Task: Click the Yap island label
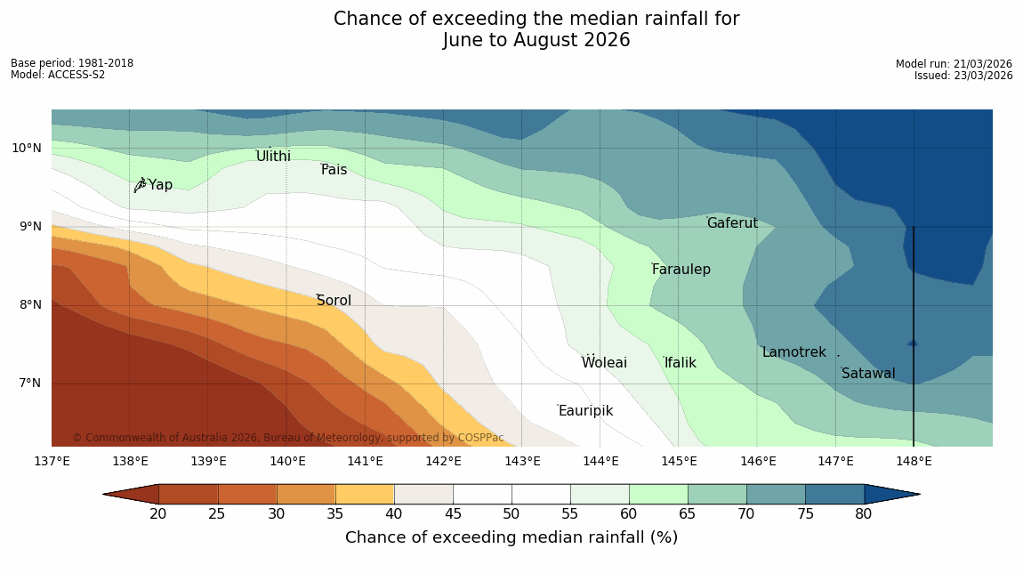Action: coord(160,185)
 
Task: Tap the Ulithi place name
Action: coord(273,157)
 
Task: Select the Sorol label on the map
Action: coord(334,301)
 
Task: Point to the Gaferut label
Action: coord(732,223)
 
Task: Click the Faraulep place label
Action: coord(681,270)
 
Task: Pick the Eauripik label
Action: coord(585,411)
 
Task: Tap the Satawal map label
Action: coord(868,374)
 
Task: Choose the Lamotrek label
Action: coord(793,352)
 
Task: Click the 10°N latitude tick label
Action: coord(27,148)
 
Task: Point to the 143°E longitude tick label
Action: coord(522,461)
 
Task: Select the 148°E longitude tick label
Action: coord(914,461)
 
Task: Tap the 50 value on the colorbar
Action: coord(511,513)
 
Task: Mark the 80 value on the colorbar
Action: coord(863,513)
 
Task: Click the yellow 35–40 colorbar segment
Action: coord(364,494)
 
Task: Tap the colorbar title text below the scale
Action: coord(511,537)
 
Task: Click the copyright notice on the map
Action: coord(288,438)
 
